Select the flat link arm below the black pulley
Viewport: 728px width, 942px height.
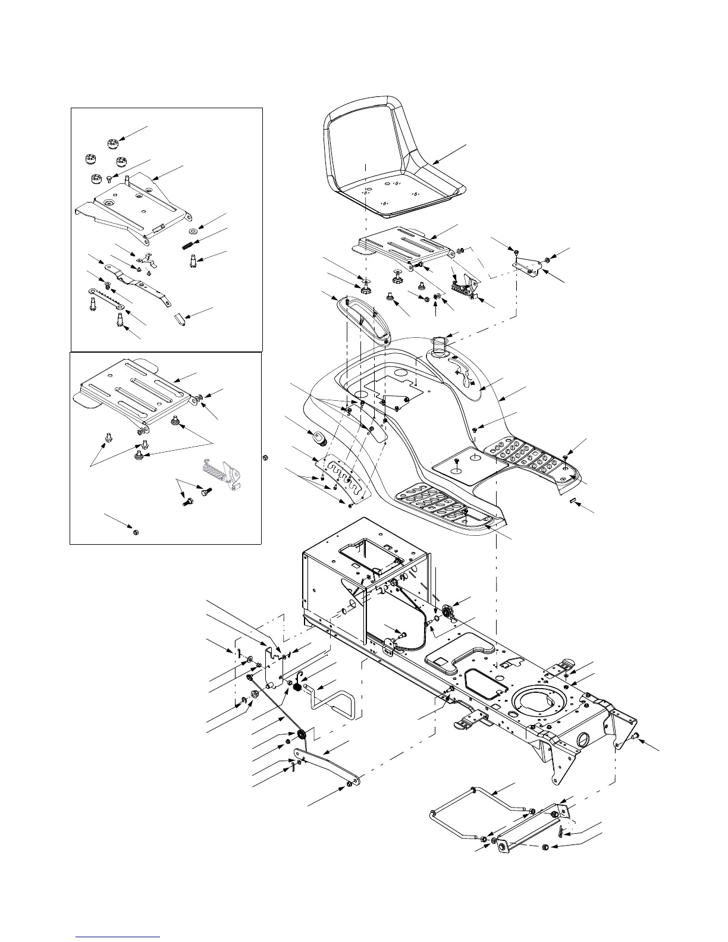click(x=328, y=767)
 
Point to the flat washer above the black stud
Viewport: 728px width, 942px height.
click(x=193, y=231)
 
